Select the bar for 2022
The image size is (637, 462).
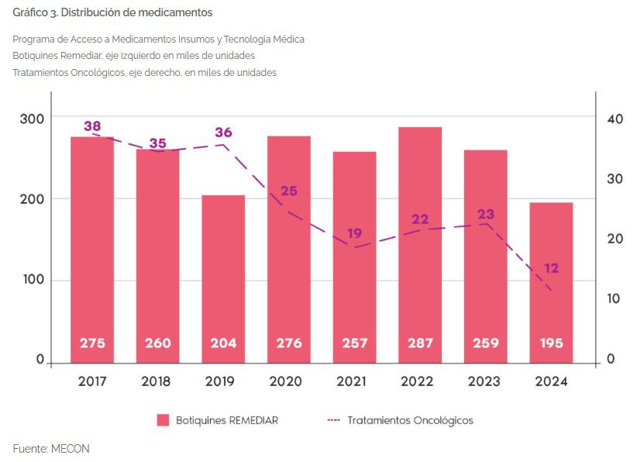tap(420, 244)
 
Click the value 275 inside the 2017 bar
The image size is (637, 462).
tap(92, 343)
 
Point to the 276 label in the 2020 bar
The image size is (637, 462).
tap(289, 343)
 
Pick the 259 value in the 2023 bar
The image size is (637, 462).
tap(486, 343)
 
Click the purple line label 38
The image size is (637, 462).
tap(92, 126)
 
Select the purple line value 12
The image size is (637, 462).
tap(551, 268)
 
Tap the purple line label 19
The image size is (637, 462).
tap(354, 233)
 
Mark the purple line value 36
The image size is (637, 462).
tap(223, 132)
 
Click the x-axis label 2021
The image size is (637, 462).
tap(354, 381)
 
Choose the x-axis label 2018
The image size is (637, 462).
tap(158, 381)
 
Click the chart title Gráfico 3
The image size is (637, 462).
tap(112, 12)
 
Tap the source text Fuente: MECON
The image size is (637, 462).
tap(51, 448)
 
